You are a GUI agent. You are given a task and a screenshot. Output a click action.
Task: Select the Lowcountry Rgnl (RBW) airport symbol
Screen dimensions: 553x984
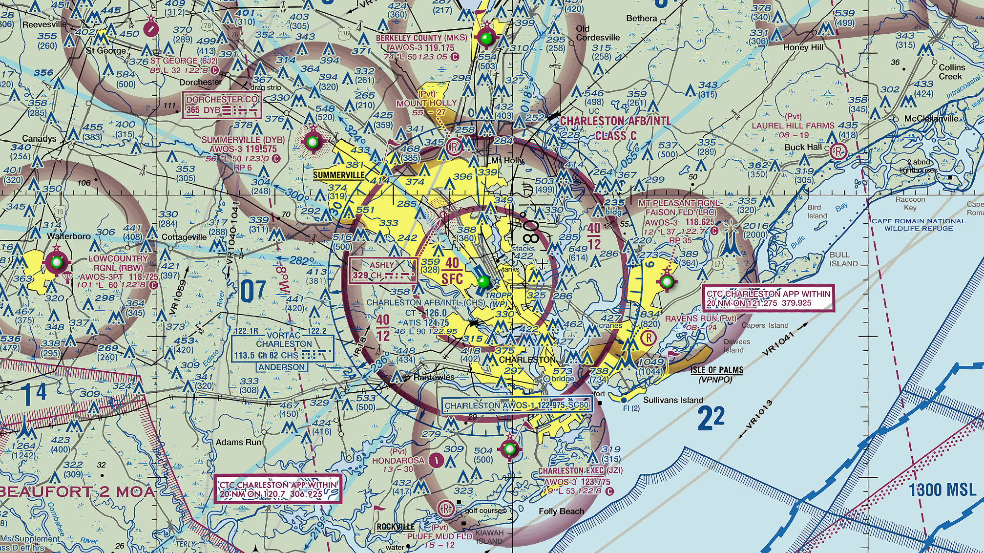tap(57, 263)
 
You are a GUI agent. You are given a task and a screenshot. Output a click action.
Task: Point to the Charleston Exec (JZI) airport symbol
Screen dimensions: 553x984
tap(510, 448)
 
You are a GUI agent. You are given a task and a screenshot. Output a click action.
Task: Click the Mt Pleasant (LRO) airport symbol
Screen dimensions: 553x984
tap(667, 281)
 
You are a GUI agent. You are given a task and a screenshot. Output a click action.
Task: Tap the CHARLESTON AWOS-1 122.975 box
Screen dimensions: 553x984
tap(516, 405)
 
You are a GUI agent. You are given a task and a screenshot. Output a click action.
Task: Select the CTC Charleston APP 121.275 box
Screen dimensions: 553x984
tap(768, 298)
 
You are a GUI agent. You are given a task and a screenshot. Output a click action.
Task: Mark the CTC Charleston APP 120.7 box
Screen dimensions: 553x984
tap(278, 489)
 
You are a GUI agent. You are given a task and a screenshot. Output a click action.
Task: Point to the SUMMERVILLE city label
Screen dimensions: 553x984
tap(338, 175)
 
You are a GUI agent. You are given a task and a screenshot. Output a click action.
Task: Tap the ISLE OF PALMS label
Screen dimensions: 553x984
tap(717, 370)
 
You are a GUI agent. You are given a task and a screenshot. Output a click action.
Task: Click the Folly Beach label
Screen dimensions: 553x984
tap(561, 511)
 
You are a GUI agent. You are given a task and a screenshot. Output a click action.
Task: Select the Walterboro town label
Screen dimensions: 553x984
tap(68, 236)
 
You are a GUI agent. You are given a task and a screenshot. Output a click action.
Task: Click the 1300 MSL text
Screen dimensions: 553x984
tap(942, 490)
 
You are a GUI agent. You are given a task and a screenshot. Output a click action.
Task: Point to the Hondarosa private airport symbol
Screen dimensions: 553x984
tap(436, 460)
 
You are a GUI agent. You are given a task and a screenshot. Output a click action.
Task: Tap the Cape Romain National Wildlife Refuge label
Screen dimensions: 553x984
tap(919, 225)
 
